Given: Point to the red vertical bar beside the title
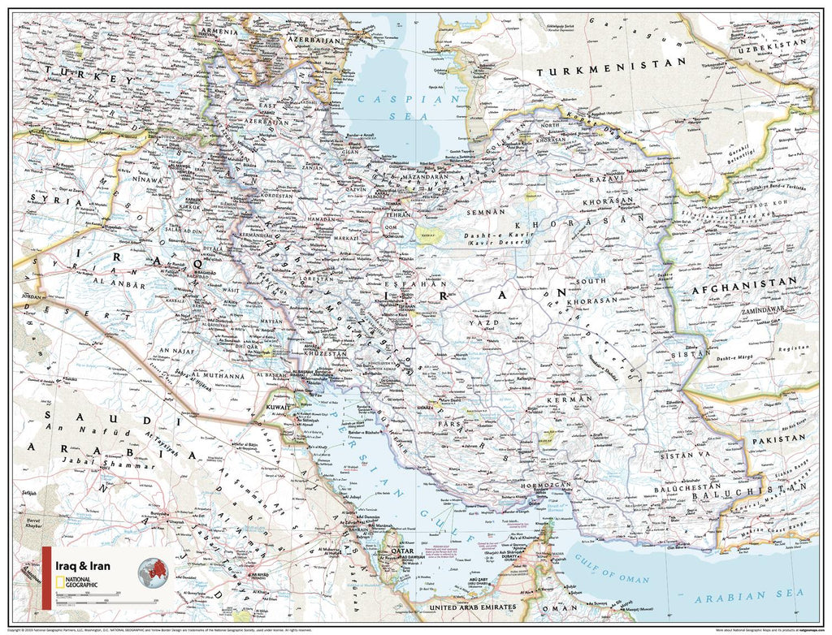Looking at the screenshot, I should click(46, 577).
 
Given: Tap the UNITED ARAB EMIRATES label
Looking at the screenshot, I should click(473, 607).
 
